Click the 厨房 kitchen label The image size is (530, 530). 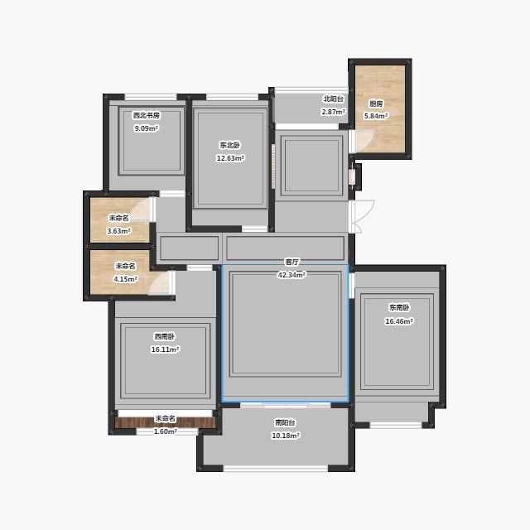click(376, 104)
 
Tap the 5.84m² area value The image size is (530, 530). click(376, 116)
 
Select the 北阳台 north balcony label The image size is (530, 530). click(334, 99)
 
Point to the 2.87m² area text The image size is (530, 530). click(333, 112)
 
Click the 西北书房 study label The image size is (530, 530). click(147, 115)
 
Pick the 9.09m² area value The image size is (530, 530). click(147, 128)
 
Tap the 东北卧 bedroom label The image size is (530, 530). click(230, 146)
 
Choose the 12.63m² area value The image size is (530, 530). click(230, 158)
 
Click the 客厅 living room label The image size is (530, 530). click(291, 262)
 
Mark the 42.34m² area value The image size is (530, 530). click(291, 275)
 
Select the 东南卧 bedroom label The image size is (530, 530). click(399, 307)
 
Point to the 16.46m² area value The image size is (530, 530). click(399, 321)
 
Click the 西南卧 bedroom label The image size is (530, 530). click(165, 337)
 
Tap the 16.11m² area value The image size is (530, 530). click(165, 349)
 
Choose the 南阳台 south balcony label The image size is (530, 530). click(285, 422)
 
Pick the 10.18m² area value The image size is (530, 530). click(286, 436)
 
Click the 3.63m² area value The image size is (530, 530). click(119, 231)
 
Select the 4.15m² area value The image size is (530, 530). click(125, 279)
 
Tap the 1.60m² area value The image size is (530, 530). click(166, 431)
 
